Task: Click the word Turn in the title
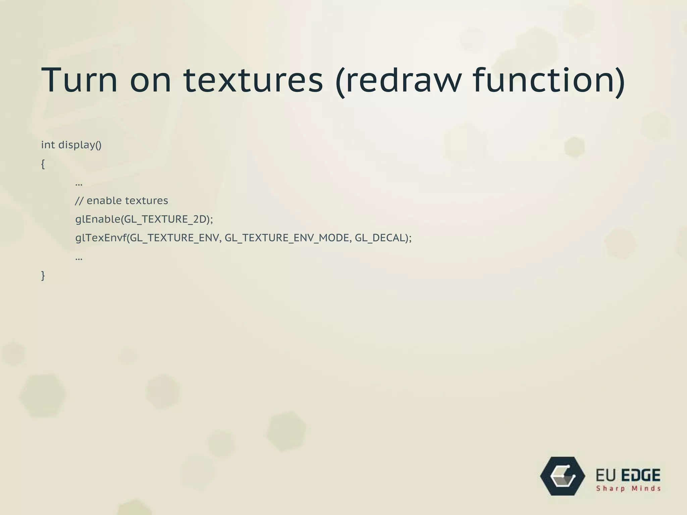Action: pos(79,80)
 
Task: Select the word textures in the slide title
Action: pos(253,80)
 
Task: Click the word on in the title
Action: pos(151,80)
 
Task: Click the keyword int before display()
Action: pos(48,145)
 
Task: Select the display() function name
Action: pos(80,145)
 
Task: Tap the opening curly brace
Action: pos(43,164)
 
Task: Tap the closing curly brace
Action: pos(43,276)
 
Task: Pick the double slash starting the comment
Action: pos(79,201)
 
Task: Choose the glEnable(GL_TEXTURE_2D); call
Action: pos(144,219)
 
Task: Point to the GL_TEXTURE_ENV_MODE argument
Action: pos(287,238)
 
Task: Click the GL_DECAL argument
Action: pos(380,238)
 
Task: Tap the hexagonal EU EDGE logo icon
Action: pos(563,476)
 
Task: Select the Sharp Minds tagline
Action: pos(628,489)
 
